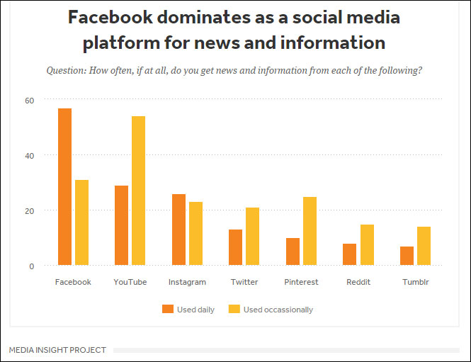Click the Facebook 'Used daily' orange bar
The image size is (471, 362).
[64, 187]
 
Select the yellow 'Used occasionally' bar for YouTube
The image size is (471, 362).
[138, 191]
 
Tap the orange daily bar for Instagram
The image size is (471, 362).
[178, 230]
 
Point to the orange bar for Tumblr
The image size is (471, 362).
[406, 256]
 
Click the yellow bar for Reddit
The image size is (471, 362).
[367, 245]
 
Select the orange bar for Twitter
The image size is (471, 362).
[235, 247]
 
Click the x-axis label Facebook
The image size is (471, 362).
[73, 282]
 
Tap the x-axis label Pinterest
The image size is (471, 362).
[302, 282]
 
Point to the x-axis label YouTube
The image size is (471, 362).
[130, 282]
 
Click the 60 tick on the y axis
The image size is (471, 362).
[30, 100]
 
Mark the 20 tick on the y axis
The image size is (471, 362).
[30, 210]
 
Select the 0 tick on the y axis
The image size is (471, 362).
[32, 266]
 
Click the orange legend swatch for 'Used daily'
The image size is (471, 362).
[168, 309]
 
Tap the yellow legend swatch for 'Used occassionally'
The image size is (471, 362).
[234, 309]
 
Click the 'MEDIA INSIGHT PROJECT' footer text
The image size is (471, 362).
[57, 350]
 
